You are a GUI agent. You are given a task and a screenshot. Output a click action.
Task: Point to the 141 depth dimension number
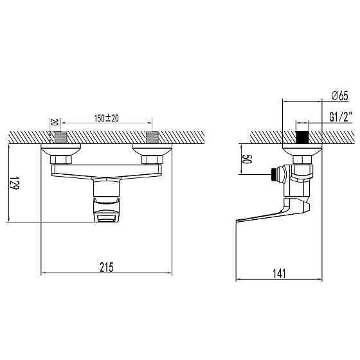[x=279, y=273]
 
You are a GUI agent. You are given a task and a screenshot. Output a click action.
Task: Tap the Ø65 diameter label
[x=339, y=96]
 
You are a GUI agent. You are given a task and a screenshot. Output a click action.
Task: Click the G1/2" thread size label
[x=338, y=117]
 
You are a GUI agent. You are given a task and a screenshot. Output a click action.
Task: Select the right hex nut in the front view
[x=152, y=159]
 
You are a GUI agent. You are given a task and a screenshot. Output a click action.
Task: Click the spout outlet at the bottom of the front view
[x=107, y=219]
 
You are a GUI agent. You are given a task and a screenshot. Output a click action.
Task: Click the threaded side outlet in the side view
[x=276, y=173]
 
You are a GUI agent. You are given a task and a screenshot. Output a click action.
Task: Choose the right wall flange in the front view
[x=152, y=150]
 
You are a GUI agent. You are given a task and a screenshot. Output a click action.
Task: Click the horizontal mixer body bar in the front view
[x=107, y=170]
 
